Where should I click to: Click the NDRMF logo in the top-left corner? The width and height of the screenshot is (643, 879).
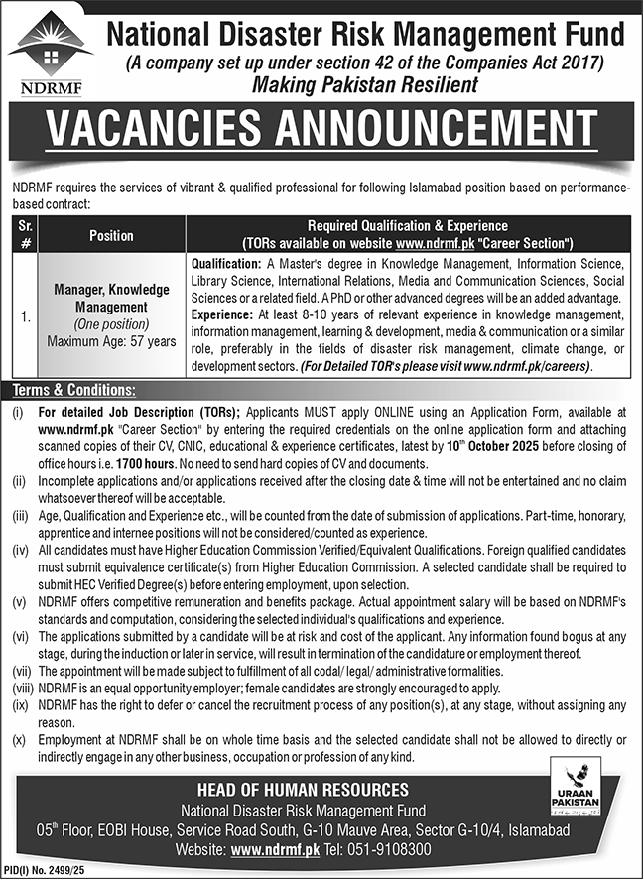pos(51,54)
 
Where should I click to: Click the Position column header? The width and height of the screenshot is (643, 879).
pos(111,235)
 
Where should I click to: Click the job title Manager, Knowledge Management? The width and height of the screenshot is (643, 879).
pos(111,300)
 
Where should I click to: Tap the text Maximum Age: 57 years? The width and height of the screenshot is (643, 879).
pos(111,341)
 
